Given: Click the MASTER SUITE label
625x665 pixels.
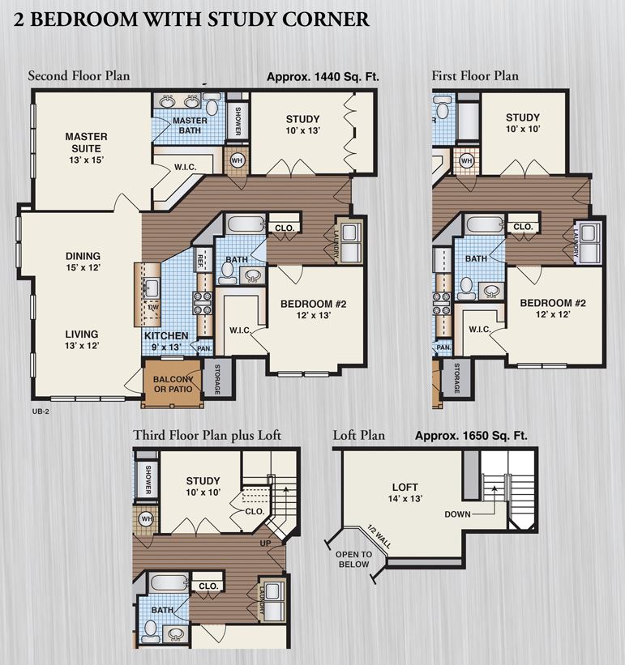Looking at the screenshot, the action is (86, 148).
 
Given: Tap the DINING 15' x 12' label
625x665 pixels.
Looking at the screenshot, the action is (83, 262).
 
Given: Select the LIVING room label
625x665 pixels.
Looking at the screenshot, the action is (82, 339).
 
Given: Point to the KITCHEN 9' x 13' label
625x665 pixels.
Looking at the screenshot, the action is (166, 341).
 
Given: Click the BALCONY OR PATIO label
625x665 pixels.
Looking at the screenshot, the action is (173, 384).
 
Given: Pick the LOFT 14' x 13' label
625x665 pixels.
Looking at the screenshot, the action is (405, 492).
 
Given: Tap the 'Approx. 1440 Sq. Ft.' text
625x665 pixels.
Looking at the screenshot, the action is (323, 77).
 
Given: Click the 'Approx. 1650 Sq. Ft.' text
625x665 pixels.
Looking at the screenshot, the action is (471, 436).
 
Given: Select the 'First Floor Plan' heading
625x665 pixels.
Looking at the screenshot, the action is (475, 76).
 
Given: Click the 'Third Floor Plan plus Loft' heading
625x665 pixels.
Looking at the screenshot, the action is (207, 435).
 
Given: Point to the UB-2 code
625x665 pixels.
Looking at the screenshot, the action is (41, 411).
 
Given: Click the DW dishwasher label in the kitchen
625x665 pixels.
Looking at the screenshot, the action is (153, 307).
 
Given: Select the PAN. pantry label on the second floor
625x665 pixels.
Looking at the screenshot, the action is (204, 348).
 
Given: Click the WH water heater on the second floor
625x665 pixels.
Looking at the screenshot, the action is (237, 160).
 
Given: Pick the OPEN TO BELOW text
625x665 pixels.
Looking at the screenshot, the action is (354, 560).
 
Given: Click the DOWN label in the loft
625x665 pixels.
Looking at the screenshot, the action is (457, 514).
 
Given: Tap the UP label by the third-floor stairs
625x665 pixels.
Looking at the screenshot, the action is (265, 544).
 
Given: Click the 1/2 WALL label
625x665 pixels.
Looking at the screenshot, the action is (379, 537).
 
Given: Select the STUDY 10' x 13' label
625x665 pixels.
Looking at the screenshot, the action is (302, 124).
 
